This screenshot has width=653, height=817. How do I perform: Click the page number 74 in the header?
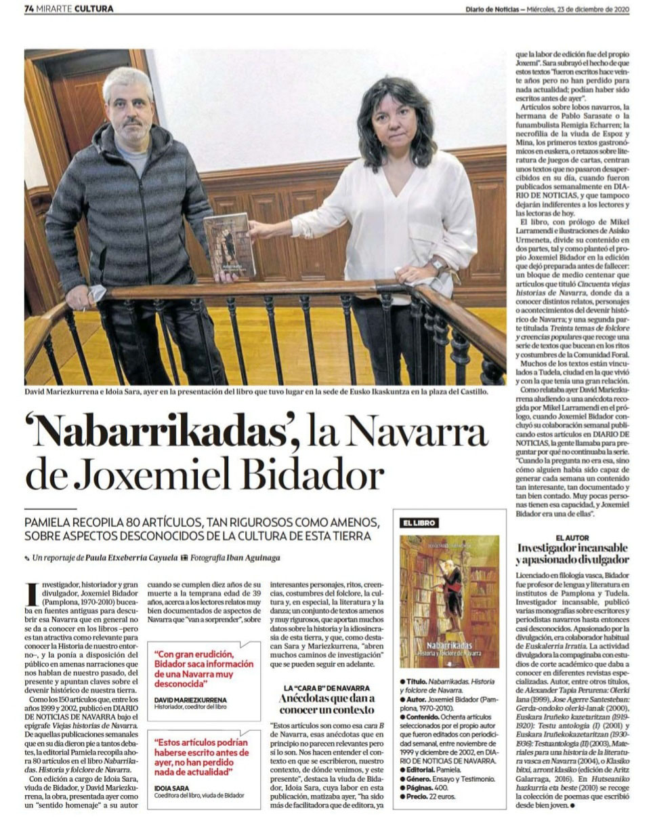pos(29,9)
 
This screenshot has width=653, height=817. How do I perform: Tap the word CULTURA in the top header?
pos(94,9)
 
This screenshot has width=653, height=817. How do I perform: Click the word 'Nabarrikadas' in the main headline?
pos(163,431)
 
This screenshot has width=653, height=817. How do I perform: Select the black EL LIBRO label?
pos(419,523)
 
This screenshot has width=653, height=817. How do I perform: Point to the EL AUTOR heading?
pos(572,538)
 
